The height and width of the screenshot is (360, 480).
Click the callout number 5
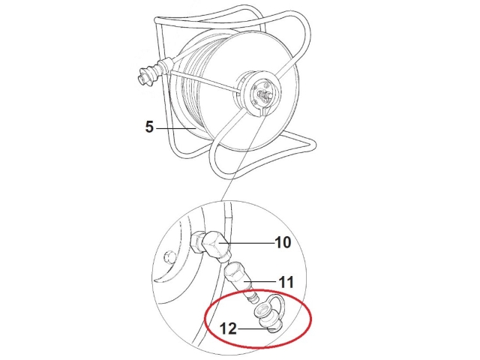(x=149, y=127)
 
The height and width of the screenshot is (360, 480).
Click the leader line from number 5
(x=175, y=128)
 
